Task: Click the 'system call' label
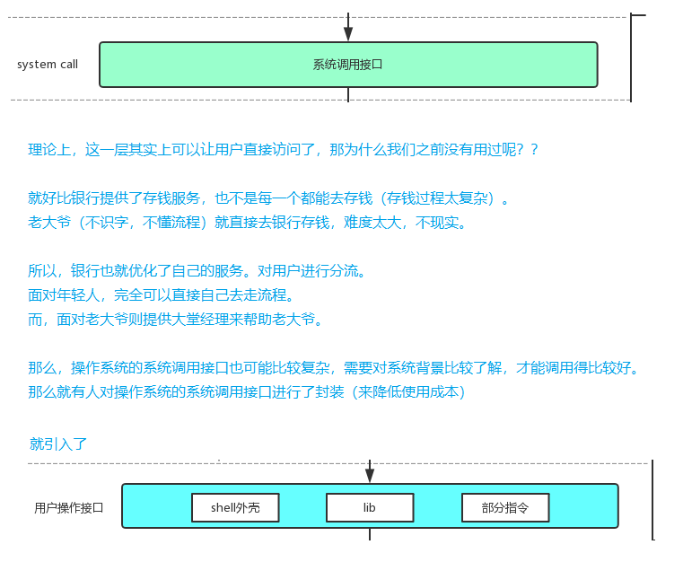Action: coord(48,65)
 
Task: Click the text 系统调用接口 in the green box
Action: coord(347,65)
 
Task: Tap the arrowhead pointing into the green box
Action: coord(348,33)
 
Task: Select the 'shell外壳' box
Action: coord(235,507)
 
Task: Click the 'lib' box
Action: coord(370,507)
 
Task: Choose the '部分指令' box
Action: coord(505,507)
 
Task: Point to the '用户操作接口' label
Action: coord(69,508)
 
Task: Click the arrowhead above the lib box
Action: coord(370,475)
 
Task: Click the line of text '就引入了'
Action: coord(58,443)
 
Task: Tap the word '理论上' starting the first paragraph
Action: coord(49,149)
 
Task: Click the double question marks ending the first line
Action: coord(528,149)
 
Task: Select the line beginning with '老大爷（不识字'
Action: coord(247,222)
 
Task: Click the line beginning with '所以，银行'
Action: coord(197,270)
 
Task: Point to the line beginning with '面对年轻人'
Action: coord(161,295)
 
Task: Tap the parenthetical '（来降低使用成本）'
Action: coord(407,392)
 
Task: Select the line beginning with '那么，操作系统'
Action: coord(333,368)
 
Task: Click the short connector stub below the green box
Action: coord(348,95)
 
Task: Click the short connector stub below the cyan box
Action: coord(370,534)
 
